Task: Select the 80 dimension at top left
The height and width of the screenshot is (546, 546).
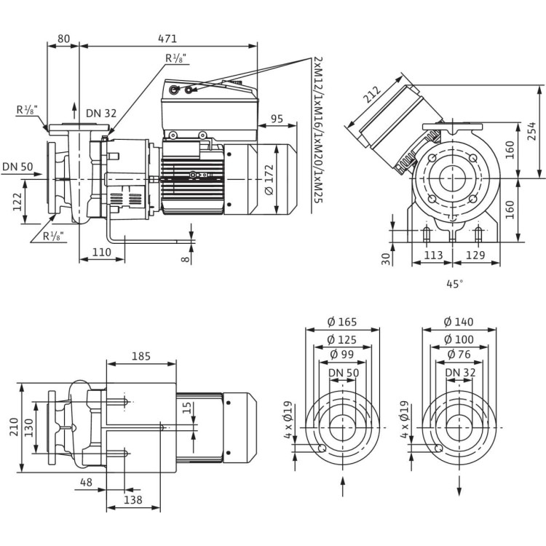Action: (63, 39)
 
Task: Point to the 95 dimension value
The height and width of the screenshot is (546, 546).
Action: (277, 118)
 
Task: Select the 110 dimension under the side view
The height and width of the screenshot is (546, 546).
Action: (100, 252)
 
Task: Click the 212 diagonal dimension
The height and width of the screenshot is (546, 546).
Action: (371, 95)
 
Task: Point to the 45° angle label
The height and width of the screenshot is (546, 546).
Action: (455, 285)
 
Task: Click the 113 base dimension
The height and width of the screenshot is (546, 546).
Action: (433, 255)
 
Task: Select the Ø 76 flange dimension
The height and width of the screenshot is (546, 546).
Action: (459, 356)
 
